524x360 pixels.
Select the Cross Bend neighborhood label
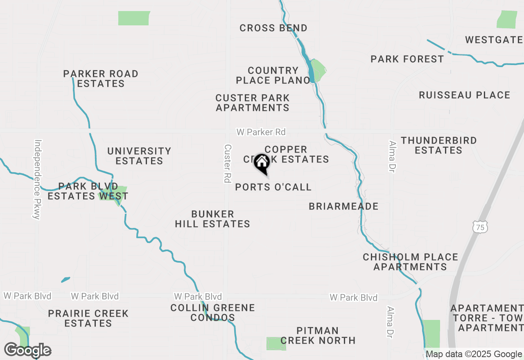tap(273, 28)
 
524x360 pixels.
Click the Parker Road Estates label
tap(101, 79)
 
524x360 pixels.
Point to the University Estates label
tap(139, 156)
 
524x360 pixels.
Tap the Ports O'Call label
tap(273, 187)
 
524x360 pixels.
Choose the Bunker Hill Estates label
tap(212, 219)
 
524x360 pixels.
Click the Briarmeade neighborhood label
tap(343, 206)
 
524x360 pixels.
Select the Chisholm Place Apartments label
tap(410, 262)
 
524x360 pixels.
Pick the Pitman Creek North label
tap(318, 335)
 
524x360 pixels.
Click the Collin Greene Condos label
tap(212, 313)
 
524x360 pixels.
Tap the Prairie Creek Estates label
tap(88, 318)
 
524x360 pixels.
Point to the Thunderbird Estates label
tap(438, 145)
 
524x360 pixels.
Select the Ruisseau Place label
tap(464, 95)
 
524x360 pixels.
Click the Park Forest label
tap(407, 59)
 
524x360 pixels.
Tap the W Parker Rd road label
tap(261, 132)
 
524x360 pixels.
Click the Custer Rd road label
tap(228, 163)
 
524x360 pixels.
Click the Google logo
tap(27, 350)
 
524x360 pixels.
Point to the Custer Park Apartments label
tap(253, 103)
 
